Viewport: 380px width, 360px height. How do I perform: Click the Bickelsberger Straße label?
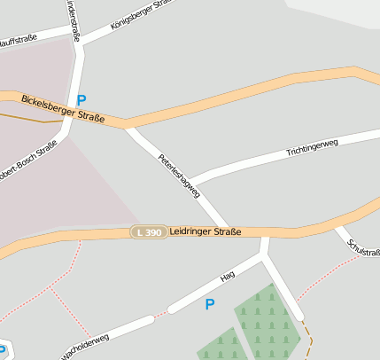tap(62, 109)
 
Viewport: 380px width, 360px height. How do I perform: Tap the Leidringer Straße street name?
tap(205, 231)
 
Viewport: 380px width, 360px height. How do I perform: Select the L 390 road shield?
tap(148, 231)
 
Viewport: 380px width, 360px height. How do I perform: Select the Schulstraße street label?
tap(363, 254)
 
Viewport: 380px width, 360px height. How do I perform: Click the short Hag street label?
tap(228, 278)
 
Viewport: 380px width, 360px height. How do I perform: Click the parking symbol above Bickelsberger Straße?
tap(81, 100)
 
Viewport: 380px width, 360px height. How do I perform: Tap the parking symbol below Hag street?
tap(210, 304)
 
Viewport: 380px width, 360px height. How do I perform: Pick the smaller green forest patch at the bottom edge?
tap(221, 347)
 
